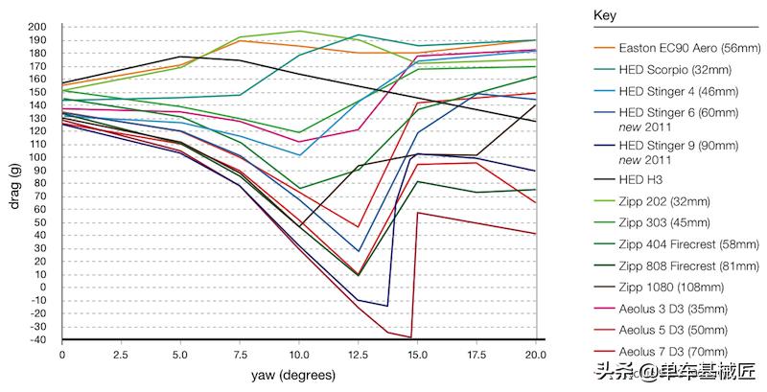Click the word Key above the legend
pos(605,16)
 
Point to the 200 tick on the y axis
pos(38,27)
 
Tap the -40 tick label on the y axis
pos(38,338)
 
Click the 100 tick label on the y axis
pos(38,156)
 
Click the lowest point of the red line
pos(410,337)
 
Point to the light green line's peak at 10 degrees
pos(299,31)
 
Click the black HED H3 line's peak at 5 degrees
pos(180,57)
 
